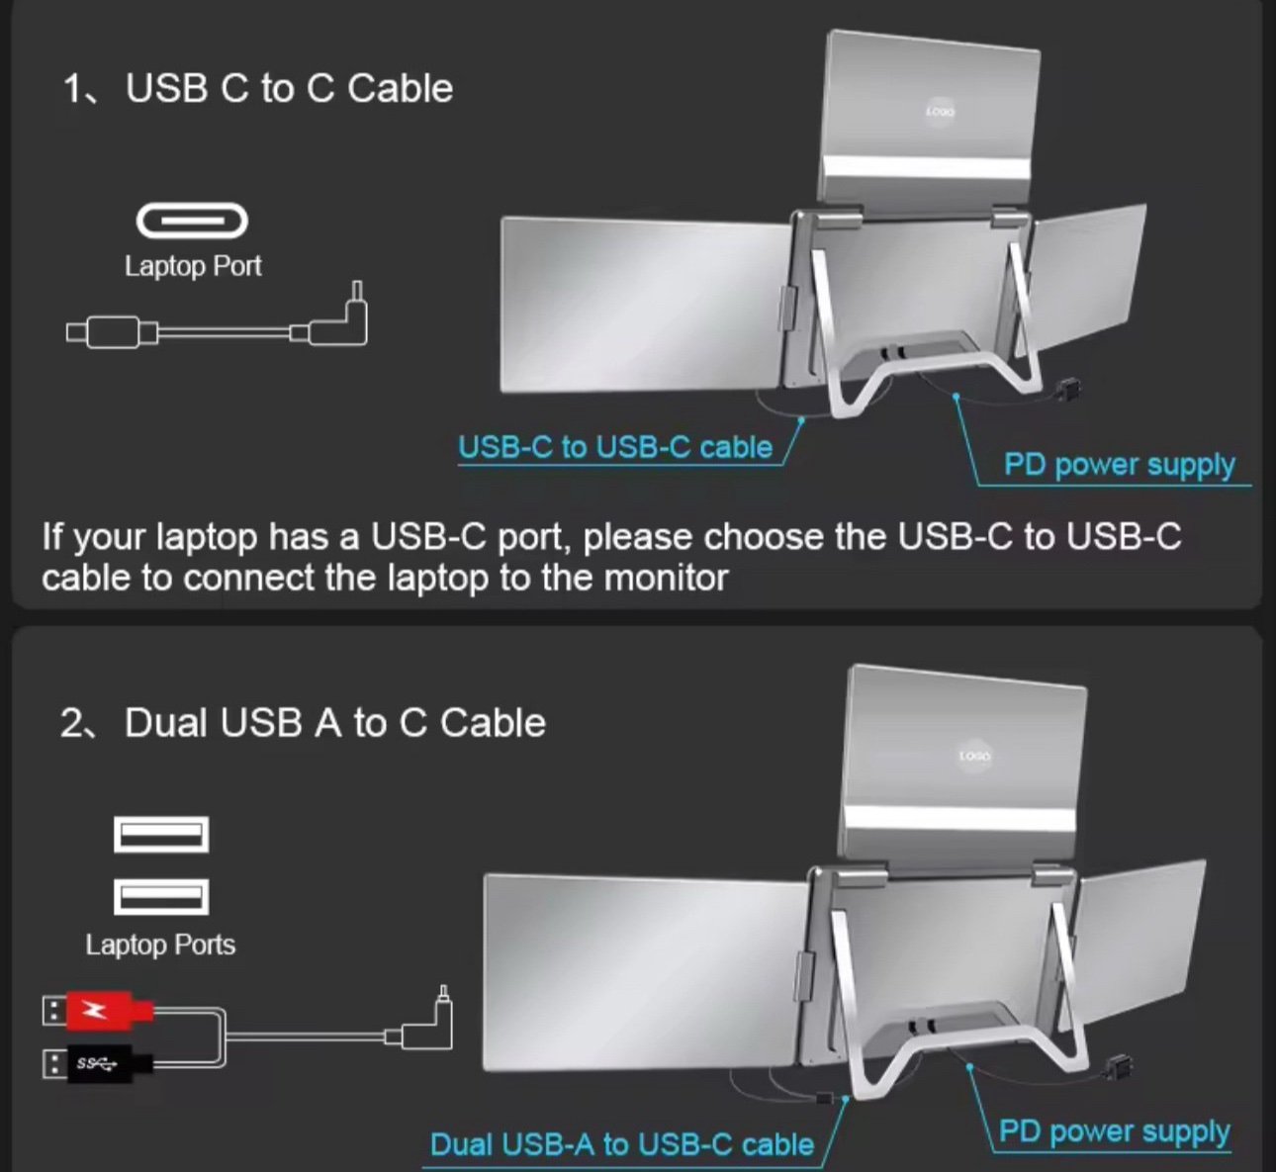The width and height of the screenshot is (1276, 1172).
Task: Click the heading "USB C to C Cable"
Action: pyautogui.click(x=289, y=89)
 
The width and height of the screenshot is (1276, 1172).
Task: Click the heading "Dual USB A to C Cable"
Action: pyautogui.click(x=334, y=723)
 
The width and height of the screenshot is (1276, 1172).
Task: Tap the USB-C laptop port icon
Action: pyautogui.click(x=192, y=221)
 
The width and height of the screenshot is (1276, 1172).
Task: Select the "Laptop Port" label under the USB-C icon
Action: pyautogui.click(x=193, y=266)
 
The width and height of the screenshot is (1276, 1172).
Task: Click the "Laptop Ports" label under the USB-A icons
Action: pyautogui.click(x=160, y=945)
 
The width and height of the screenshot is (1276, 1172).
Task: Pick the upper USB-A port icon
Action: pyautogui.click(x=161, y=835)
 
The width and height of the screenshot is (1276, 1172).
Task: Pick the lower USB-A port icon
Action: pyautogui.click(x=161, y=896)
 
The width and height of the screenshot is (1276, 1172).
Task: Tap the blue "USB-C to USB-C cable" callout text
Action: pyautogui.click(x=614, y=447)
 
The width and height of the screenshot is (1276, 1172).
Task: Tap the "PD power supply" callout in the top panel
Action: pyautogui.click(x=1119, y=464)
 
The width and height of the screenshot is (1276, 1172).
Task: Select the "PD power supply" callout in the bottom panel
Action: pyautogui.click(x=1114, y=1130)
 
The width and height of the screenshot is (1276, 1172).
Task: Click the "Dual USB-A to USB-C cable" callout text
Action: pyautogui.click(x=622, y=1144)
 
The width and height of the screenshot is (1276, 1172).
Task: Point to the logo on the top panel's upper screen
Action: pyautogui.click(x=940, y=113)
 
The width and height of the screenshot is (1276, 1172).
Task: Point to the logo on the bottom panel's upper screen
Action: pyautogui.click(x=974, y=757)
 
